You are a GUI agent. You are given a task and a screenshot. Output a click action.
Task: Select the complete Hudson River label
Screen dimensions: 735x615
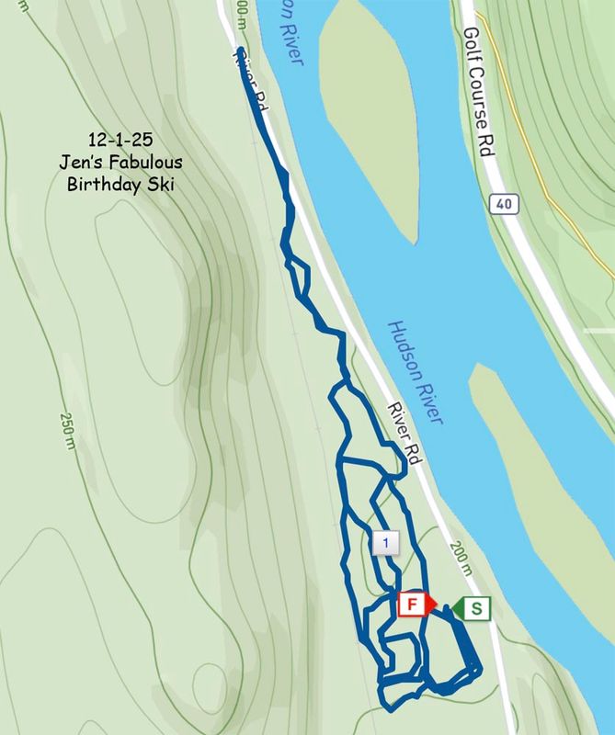click(416, 371)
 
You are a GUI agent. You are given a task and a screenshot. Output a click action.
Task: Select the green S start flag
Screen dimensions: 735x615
click(473, 608)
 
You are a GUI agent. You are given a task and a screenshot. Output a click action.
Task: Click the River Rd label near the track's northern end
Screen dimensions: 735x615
click(248, 85)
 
